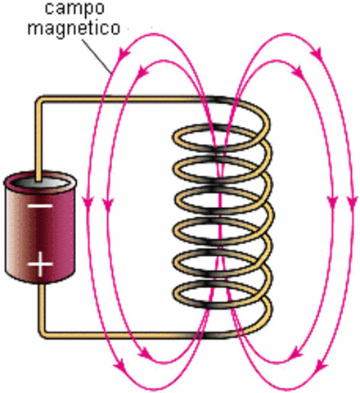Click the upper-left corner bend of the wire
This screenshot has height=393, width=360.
(38, 102)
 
